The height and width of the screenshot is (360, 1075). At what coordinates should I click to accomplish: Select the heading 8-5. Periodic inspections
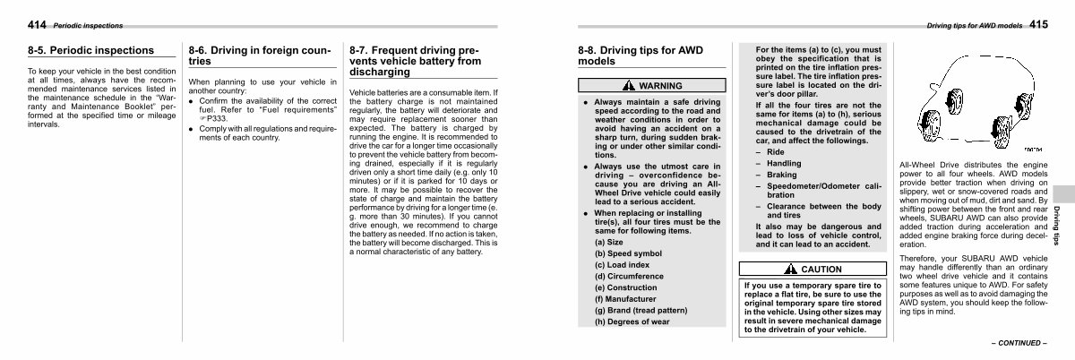(x=90, y=50)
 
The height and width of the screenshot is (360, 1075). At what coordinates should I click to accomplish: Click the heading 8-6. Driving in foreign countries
(x=259, y=56)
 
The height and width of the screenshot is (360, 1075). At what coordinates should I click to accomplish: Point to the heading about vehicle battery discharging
(x=414, y=61)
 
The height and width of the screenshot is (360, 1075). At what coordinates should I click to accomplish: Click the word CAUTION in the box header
(x=821, y=269)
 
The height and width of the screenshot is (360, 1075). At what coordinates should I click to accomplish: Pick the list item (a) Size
(x=611, y=242)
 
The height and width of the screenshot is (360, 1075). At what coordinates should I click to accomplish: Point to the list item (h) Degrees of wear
(x=632, y=321)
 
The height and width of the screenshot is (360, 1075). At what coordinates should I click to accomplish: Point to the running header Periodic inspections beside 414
(x=88, y=25)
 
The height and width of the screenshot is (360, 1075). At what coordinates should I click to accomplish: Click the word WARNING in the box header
(x=660, y=86)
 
